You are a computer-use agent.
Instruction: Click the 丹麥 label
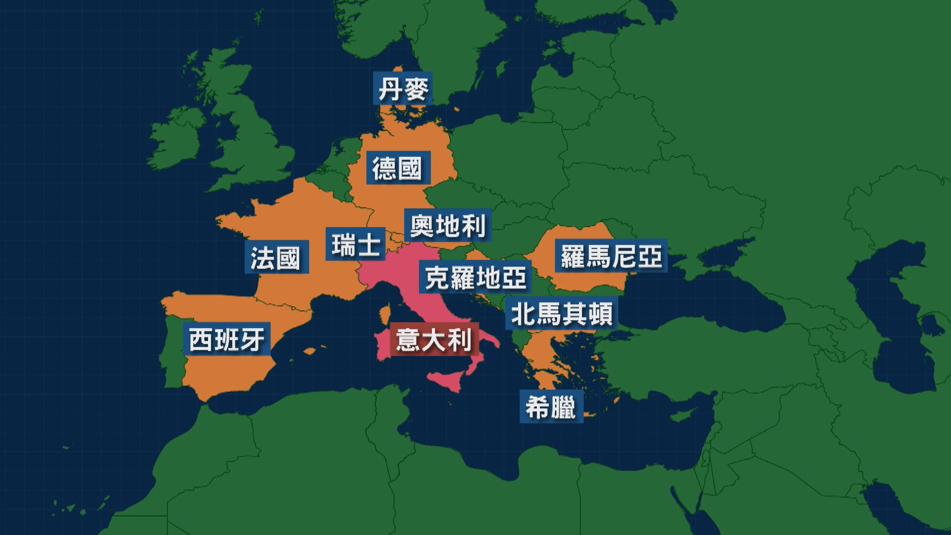click(x=403, y=90)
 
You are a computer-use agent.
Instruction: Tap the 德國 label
click(x=397, y=168)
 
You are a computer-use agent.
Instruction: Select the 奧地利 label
click(x=448, y=226)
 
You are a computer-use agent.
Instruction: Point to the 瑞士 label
click(x=356, y=244)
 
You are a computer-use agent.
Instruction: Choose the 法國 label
click(x=275, y=257)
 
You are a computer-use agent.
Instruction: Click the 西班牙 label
click(x=226, y=339)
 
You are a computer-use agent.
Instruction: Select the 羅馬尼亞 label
click(x=611, y=256)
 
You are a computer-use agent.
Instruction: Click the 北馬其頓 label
click(x=561, y=314)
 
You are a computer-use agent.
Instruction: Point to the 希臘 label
click(x=551, y=408)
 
